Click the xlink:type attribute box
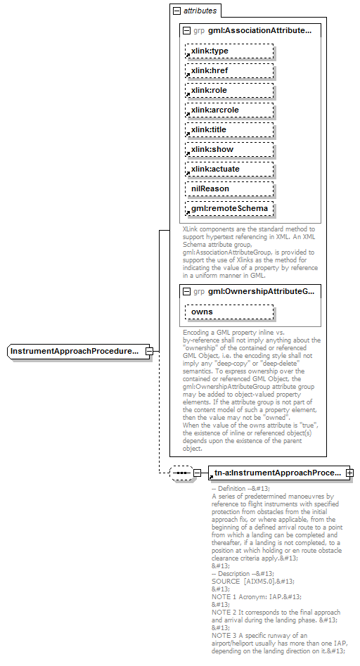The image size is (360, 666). click(229, 51)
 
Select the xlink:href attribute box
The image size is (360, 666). click(229, 71)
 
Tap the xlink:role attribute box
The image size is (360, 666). click(229, 91)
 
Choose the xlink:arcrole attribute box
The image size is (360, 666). click(229, 110)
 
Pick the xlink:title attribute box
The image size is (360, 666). click(229, 130)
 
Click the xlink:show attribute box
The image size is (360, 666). click(229, 150)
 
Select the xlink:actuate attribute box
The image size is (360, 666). click(229, 169)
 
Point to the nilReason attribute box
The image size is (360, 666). click(229, 189)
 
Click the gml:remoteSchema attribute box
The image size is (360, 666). click(229, 209)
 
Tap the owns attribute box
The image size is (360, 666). click(229, 312)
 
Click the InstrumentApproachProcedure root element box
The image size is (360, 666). click(77, 351)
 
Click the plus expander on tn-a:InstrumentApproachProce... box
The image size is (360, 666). click(349, 473)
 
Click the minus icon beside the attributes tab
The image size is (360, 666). click(176, 11)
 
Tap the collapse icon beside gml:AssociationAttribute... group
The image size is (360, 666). click(186, 31)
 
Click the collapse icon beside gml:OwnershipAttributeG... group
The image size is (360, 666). click(186, 291)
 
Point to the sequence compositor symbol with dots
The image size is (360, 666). click(181, 473)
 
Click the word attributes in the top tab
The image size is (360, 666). click(200, 11)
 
